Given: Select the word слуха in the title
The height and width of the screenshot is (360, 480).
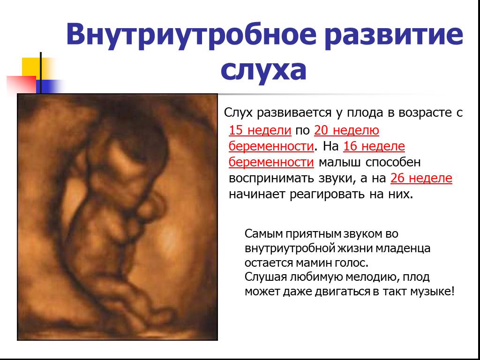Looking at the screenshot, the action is coord(263,70).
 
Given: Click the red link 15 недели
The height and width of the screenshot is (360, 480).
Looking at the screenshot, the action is coord(260,130).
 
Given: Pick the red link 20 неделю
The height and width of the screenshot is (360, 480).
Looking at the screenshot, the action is coord(346,131).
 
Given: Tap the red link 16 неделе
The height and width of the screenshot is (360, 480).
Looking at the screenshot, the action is coord(374,146).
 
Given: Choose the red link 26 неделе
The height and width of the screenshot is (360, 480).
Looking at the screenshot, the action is coord(421,178).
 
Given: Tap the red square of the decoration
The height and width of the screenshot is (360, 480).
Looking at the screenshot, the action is coord(21,84).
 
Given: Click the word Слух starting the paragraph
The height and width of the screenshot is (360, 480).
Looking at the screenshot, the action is coord(239,112).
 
